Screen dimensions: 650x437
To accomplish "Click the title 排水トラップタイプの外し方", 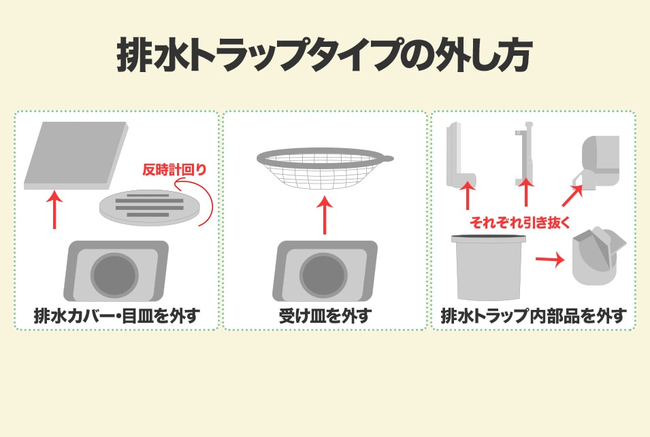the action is (325, 54).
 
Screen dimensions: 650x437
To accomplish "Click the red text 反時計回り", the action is (174, 170).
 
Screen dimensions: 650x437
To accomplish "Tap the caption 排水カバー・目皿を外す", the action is (117, 316).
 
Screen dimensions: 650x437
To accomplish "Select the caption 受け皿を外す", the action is (325, 316).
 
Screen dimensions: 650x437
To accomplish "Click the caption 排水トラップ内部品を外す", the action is (533, 316).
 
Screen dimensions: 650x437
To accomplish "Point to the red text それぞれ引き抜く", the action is (520, 223).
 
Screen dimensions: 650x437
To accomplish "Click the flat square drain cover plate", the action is (76, 156).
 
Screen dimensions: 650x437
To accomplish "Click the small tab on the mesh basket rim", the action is (388, 158).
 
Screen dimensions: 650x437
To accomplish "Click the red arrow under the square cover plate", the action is (54, 209).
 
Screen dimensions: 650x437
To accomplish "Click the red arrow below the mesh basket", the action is (325, 215).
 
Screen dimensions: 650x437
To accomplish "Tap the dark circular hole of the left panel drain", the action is (114, 275).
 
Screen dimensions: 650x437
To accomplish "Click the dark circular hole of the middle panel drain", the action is (323, 275).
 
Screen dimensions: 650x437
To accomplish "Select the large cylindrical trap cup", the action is (489, 267).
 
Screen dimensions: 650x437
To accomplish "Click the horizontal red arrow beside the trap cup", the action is (550, 260).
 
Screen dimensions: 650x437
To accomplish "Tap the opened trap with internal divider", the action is (597, 257).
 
